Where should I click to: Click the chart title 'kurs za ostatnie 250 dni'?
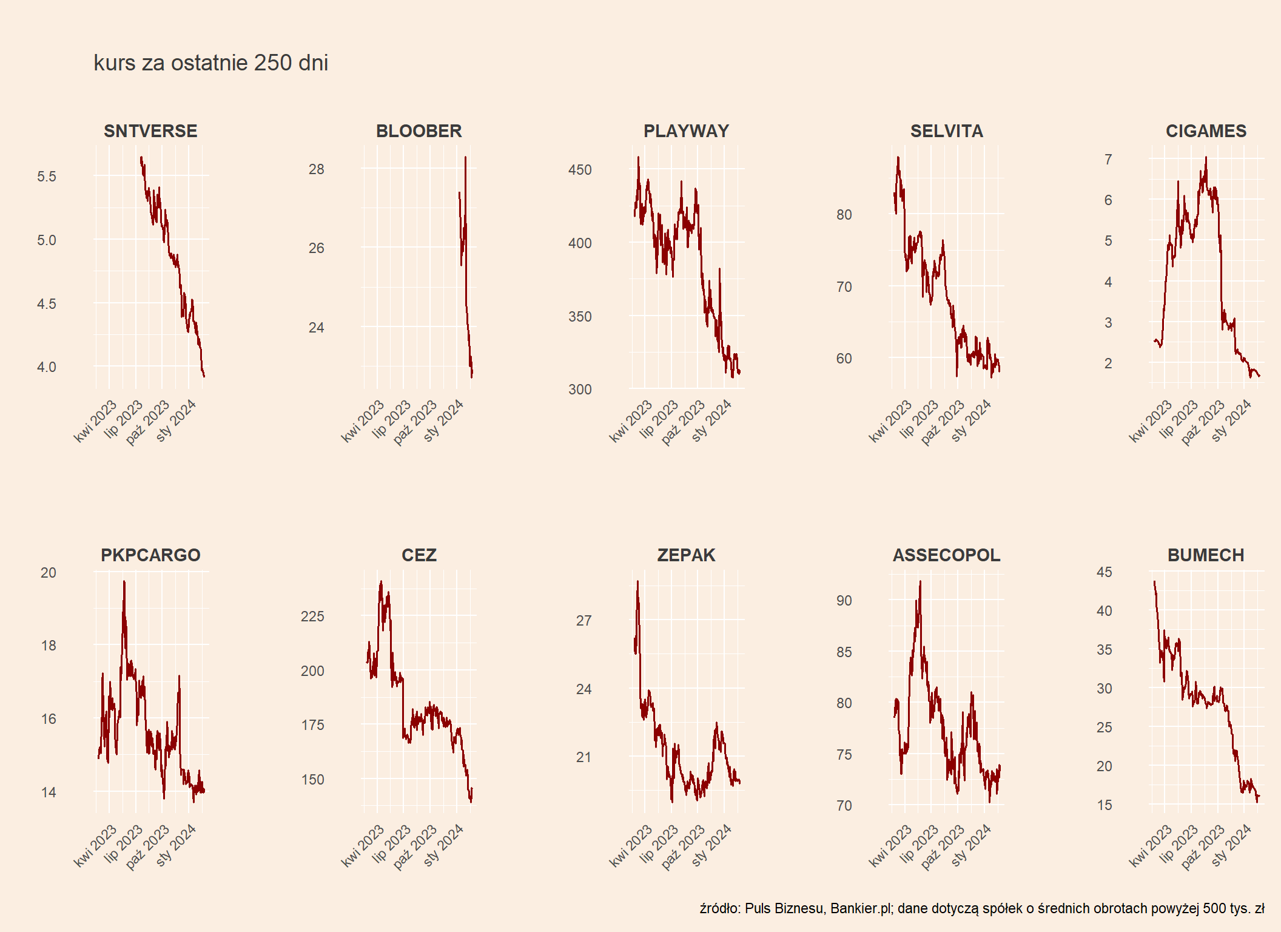[x=210, y=63]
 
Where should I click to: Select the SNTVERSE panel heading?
[x=150, y=131]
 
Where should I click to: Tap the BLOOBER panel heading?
[x=419, y=131]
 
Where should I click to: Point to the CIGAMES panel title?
[x=1206, y=131]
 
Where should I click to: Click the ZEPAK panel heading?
[x=686, y=555]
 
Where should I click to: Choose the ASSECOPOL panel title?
[x=946, y=555]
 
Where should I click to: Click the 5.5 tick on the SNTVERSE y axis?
[x=47, y=177]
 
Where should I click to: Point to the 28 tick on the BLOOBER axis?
[x=316, y=169]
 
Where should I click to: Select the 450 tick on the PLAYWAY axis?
[x=580, y=170]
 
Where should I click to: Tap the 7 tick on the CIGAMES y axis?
[x=1108, y=160]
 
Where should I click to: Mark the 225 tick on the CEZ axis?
[x=312, y=616]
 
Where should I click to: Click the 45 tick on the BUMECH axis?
[x=1104, y=572]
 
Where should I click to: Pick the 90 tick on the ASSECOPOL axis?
[x=844, y=601]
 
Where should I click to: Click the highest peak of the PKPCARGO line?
[x=124, y=581]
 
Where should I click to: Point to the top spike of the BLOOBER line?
[x=465, y=157]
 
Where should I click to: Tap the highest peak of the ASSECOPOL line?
[x=920, y=582]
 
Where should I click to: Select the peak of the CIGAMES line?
[x=1206, y=158]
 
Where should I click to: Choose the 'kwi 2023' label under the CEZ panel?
[x=363, y=845]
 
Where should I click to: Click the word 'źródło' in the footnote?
[x=719, y=908]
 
